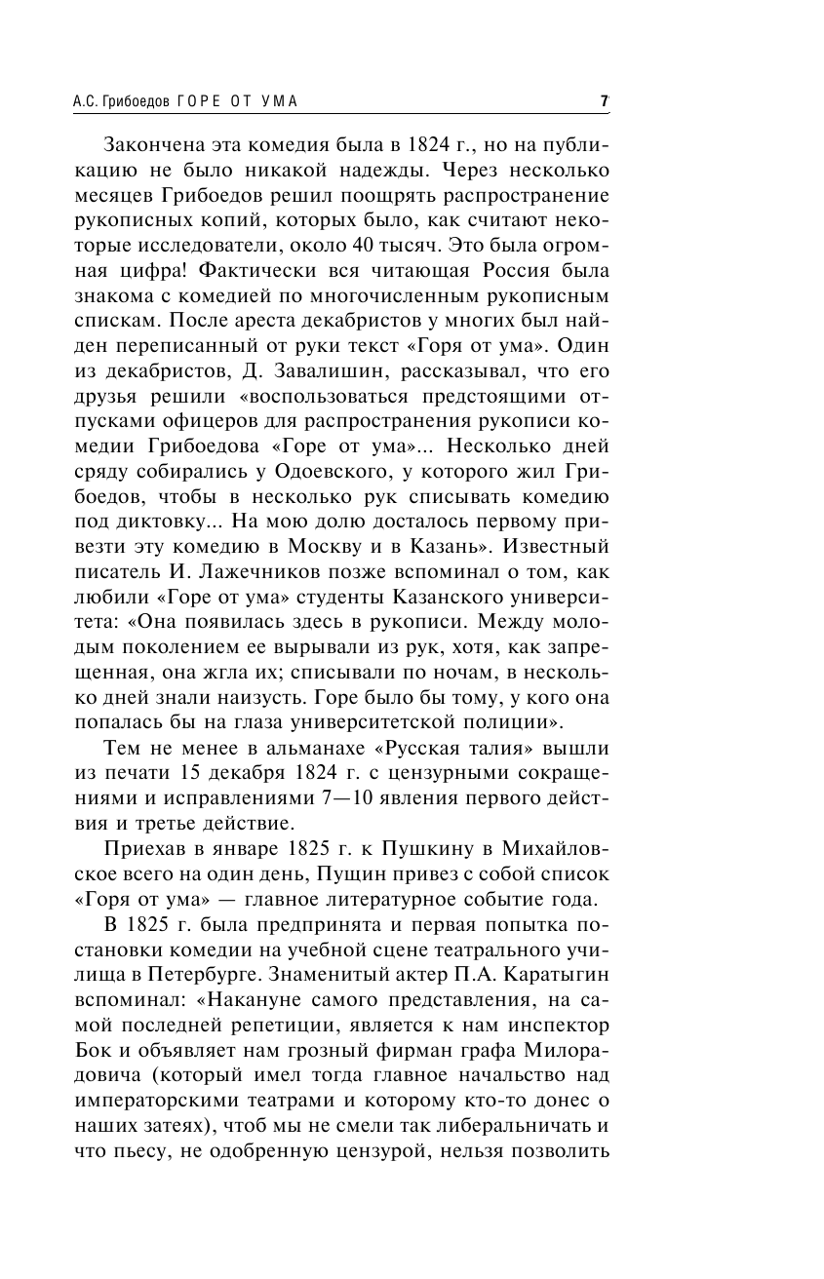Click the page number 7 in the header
pyautogui.click(x=605, y=101)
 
